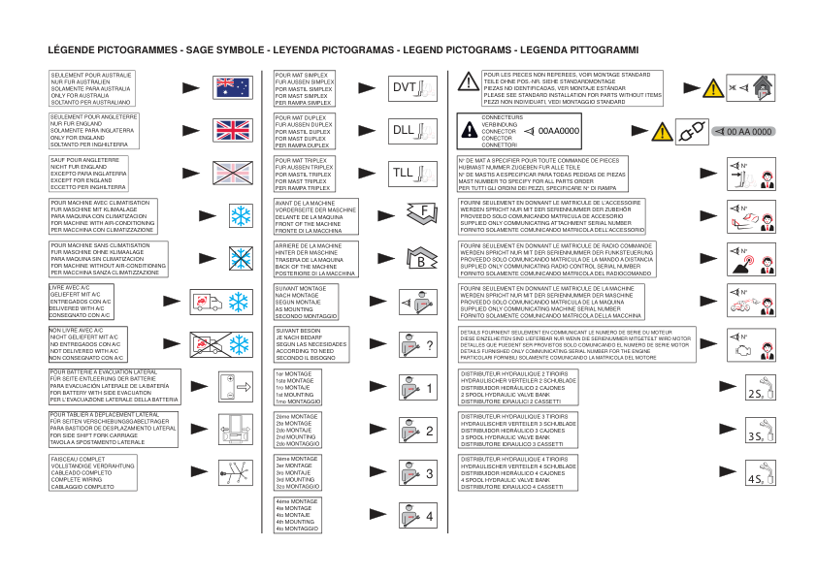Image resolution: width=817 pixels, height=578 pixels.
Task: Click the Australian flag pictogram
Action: (x=233, y=87)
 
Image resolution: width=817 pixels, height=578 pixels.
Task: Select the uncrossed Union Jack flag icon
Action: (x=233, y=130)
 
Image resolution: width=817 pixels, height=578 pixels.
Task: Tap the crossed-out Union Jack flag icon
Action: (x=233, y=173)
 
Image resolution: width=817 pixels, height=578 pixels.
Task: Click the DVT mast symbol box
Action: (x=412, y=87)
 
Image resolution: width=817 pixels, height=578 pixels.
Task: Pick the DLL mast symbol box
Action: (x=412, y=130)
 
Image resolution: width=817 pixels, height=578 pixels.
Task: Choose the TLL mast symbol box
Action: (x=412, y=174)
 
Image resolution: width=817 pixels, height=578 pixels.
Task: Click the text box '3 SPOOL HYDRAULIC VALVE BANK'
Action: (x=518, y=430)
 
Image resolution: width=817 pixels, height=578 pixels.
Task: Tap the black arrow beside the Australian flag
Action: (x=192, y=87)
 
